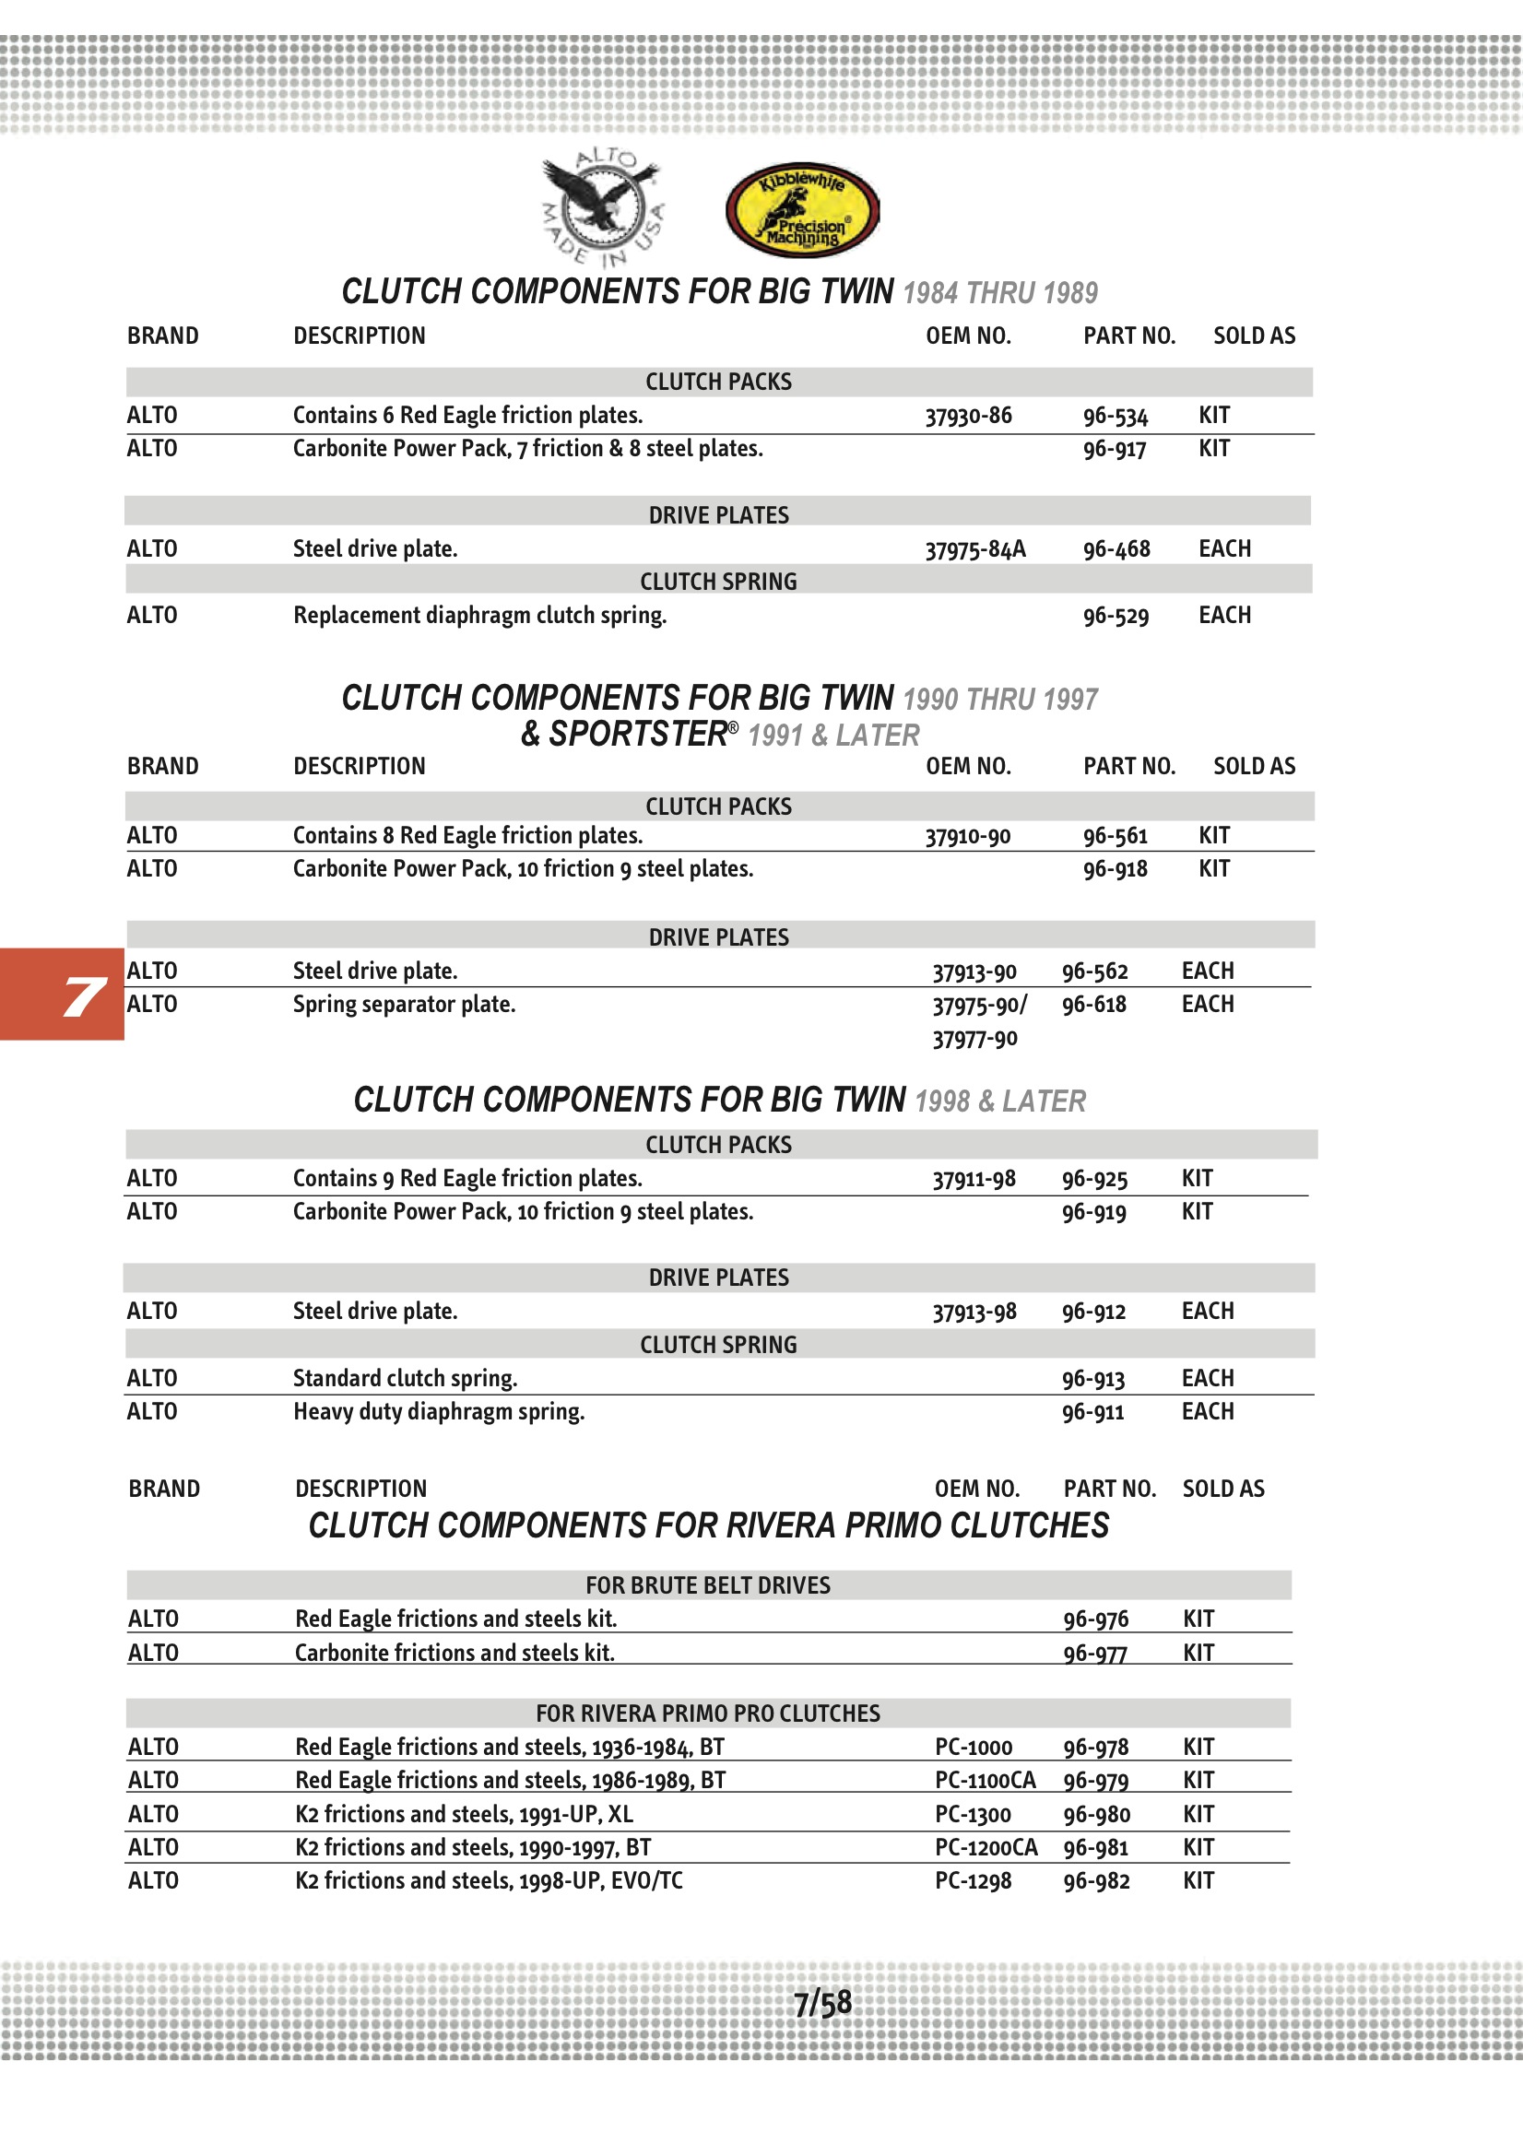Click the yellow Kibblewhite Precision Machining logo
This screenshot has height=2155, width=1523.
pos(802,210)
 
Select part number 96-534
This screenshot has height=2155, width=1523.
pos(1115,416)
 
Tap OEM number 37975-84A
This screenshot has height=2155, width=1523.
pos(974,549)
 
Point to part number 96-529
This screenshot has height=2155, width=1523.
pos(1116,616)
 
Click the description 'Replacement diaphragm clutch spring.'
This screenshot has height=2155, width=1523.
pos(478,616)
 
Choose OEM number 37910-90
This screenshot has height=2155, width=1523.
pos(967,836)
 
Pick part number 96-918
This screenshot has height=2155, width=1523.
pos(1115,869)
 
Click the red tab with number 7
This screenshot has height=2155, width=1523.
pos(62,994)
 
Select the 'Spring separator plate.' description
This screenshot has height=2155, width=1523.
pos(404,1005)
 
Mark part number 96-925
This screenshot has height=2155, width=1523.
pos(1094,1179)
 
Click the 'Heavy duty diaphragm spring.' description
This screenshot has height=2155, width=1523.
pos(439,1412)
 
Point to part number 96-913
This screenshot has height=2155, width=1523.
pos(1093,1379)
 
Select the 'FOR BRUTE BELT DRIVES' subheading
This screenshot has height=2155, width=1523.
pos(708,1585)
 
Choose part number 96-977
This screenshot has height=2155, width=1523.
pos(1095,1653)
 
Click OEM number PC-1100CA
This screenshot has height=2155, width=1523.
pos(985,1781)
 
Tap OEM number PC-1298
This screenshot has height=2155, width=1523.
pos(973,1881)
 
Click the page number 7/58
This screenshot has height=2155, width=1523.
pos(822,2003)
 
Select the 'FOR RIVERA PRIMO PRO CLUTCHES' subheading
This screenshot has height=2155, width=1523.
pos(708,1713)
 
